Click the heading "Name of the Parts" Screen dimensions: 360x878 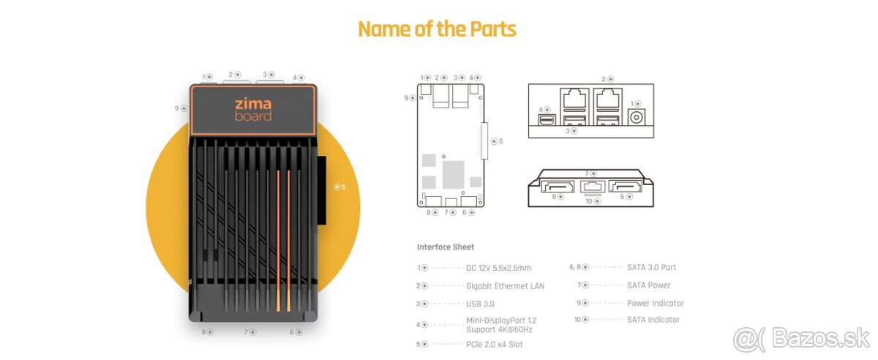[437, 29]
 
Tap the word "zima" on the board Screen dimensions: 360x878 [252, 104]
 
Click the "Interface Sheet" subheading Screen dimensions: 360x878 [446, 247]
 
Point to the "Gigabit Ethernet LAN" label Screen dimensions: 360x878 [506, 286]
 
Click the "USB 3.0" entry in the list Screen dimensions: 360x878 [481, 304]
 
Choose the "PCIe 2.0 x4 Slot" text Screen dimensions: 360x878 [495, 344]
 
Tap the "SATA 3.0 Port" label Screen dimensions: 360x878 [651, 267]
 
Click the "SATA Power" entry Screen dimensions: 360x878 [648, 285]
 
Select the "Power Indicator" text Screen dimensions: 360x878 [656, 303]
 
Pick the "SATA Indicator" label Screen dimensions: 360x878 [653, 320]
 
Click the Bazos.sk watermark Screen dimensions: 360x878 [800, 339]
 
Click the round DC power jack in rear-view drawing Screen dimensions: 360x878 [637, 118]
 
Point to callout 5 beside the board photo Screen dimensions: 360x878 [339, 187]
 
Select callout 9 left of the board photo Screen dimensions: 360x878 [180, 108]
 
